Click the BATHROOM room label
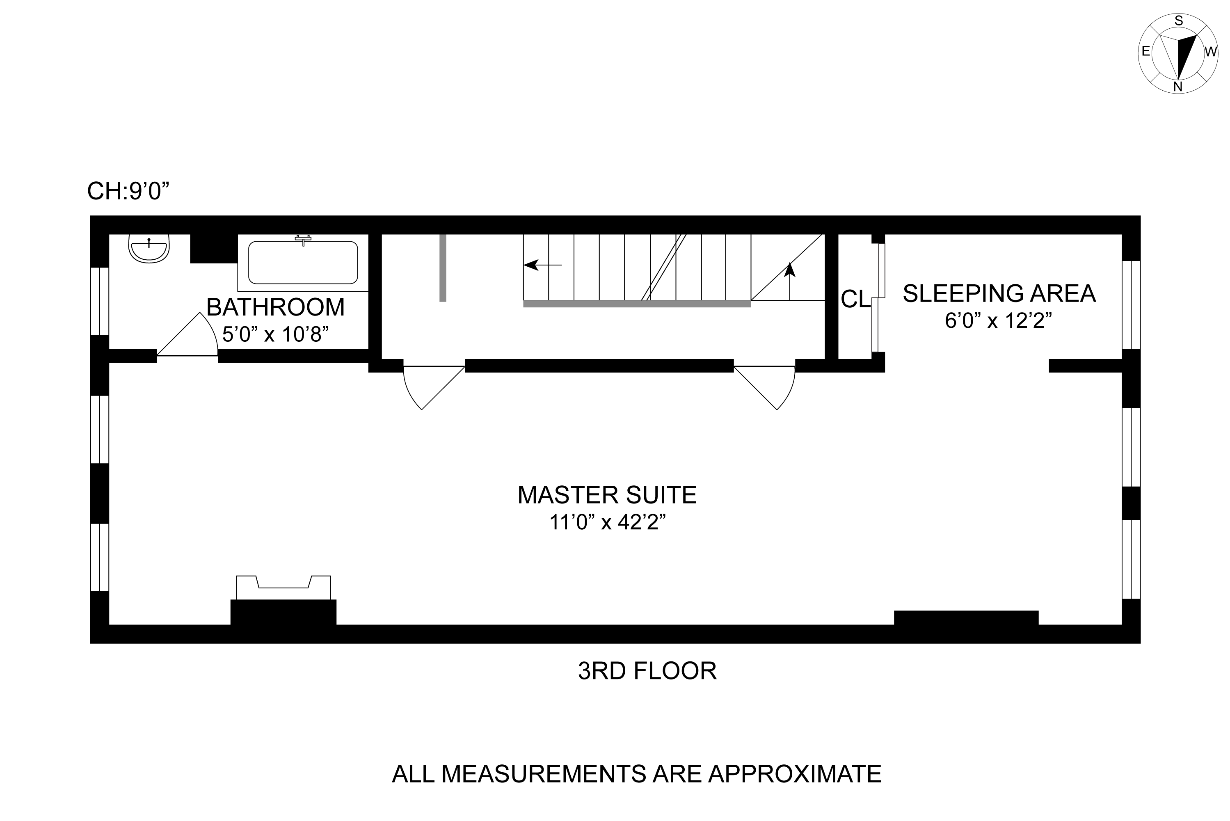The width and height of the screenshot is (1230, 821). [275, 307]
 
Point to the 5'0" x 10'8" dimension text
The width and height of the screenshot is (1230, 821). [275, 334]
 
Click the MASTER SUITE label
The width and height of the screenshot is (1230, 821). [607, 495]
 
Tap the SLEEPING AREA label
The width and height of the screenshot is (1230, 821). [999, 293]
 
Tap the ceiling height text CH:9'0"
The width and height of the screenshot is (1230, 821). [129, 191]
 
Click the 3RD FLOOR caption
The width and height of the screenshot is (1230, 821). [647, 671]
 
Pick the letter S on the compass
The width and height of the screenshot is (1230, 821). [1179, 21]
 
